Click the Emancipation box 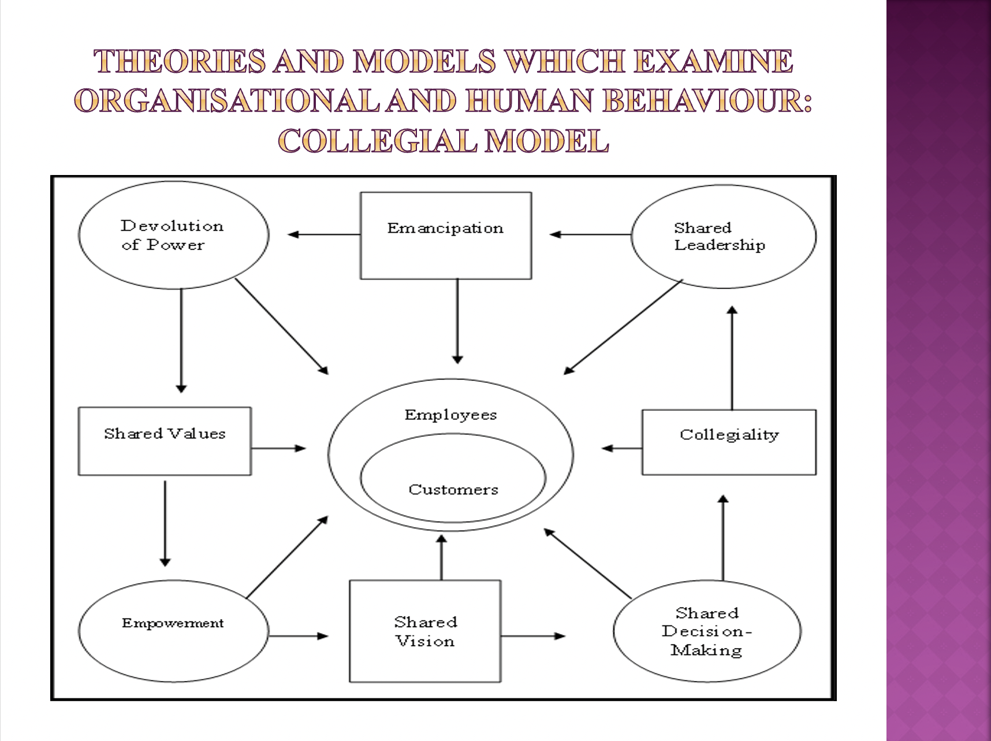tap(445, 236)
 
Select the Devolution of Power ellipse tap(173, 235)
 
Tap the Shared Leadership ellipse tap(723, 236)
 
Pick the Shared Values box tap(165, 441)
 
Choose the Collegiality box tap(729, 442)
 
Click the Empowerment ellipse tap(173, 631)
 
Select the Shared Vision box tap(425, 631)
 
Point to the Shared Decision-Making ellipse tap(707, 631)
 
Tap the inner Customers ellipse tap(453, 490)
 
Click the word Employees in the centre tap(450, 415)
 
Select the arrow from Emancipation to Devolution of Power tap(323, 234)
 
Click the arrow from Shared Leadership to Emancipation tap(590, 234)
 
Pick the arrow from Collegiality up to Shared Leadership tap(732, 358)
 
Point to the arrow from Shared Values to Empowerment tap(165, 523)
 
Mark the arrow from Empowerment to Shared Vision tap(298, 636)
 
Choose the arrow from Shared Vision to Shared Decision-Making tap(532, 636)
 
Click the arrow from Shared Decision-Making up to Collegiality tap(723, 537)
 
